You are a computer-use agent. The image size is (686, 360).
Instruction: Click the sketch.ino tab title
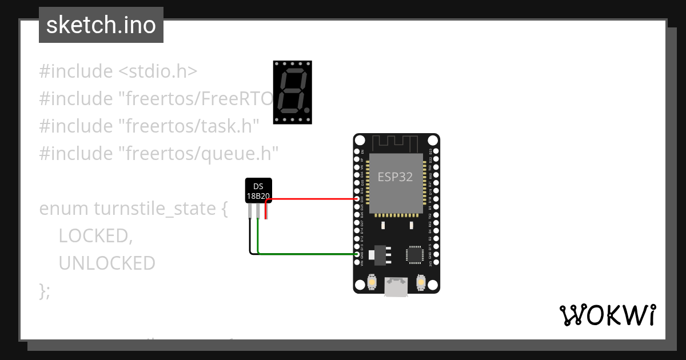(101, 25)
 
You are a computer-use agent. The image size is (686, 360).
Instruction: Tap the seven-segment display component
(292, 92)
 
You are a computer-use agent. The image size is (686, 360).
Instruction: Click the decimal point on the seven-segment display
(308, 109)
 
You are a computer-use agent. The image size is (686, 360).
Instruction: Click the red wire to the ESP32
(314, 199)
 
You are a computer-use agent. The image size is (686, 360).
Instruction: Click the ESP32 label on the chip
(394, 177)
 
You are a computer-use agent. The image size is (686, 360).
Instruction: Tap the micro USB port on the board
(396, 286)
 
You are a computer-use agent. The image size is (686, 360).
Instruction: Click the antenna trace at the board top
(396, 141)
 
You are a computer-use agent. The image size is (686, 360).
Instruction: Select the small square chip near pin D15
(414, 255)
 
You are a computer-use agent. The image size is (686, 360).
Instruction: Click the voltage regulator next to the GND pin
(378, 255)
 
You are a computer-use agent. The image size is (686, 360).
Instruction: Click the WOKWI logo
(608, 315)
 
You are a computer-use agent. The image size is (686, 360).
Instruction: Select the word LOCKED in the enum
(95, 235)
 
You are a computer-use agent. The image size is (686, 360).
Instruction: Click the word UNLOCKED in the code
(107, 263)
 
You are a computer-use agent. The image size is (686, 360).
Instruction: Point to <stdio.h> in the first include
(158, 71)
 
